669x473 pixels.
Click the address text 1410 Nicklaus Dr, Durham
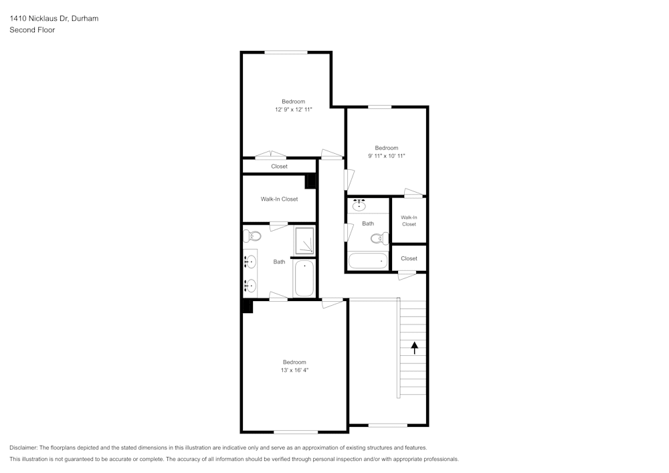(x=54, y=18)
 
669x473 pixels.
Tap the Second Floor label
(x=32, y=30)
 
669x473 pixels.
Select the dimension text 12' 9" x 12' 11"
(x=294, y=110)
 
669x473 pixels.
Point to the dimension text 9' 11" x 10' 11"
(x=387, y=156)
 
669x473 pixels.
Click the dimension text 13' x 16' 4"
(x=294, y=370)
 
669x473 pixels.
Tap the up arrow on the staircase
(x=414, y=348)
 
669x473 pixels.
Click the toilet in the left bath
(x=252, y=235)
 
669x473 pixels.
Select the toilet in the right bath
(x=380, y=238)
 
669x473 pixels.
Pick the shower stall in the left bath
(x=304, y=241)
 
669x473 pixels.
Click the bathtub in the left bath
(x=304, y=278)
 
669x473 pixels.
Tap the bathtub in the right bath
(x=368, y=261)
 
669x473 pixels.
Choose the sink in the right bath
(x=359, y=205)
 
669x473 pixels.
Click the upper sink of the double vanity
(x=250, y=262)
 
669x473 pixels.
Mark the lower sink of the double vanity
(x=250, y=285)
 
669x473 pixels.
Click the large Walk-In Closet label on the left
(x=280, y=199)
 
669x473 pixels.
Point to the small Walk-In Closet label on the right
(x=409, y=221)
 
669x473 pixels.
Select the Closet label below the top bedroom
(x=280, y=167)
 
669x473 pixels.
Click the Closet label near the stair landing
(x=409, y=258)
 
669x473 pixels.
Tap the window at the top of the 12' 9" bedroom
(x=286, y=52)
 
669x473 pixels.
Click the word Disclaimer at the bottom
(x=23, y=448)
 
